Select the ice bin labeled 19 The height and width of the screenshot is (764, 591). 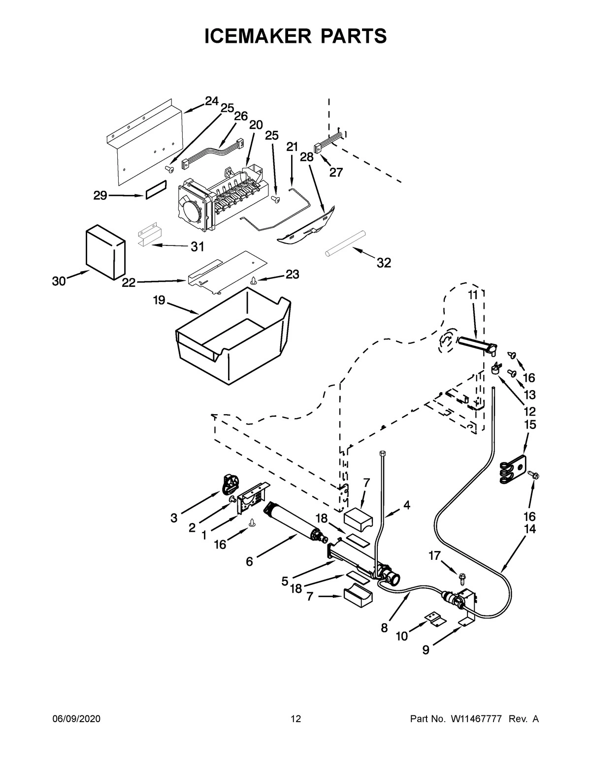tap(231, 335)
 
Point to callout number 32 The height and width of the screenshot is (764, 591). tap(384, 263)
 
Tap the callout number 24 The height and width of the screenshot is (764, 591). tap(211, 101)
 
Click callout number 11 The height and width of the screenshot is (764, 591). tap(473, 295)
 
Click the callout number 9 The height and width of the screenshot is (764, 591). tap(426, 650)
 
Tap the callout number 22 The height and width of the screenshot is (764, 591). tap(129, 283)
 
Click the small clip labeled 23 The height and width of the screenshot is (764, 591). tap(254, 280)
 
